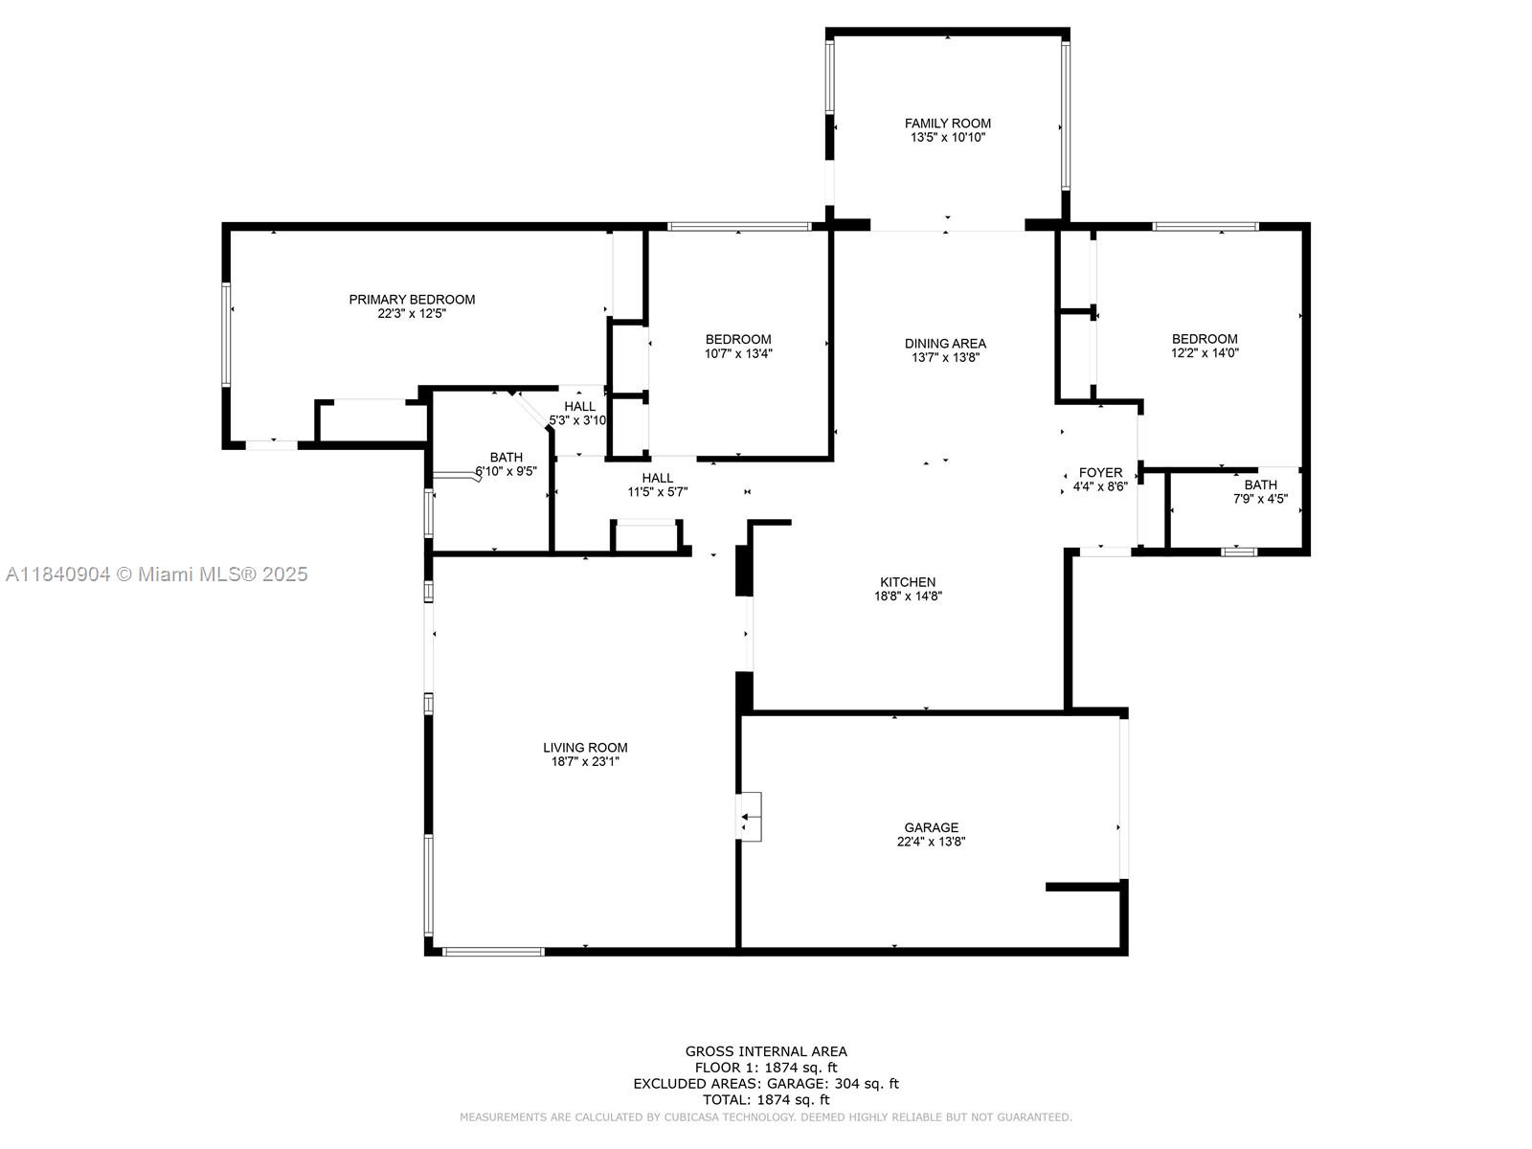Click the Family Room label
[947, 124]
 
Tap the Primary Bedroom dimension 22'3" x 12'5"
[412, 314]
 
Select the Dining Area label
[945, 343]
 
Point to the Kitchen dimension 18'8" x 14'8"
[908, 596]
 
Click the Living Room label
[585, 747]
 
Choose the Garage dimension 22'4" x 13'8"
[931, 842]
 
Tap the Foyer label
[1101, 472]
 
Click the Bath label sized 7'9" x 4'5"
[1260, 484]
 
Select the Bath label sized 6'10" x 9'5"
[506, 457]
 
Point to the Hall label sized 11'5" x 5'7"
[658, 478]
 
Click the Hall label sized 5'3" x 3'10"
[580, 406]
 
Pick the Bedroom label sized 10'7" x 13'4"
[737, 340]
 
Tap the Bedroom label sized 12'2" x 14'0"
[1205, 339]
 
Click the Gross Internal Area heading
[766, 1050]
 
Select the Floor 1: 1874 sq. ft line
[766, 1068]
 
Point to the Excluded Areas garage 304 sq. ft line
[766, 1084]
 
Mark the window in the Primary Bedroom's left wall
[226, 334]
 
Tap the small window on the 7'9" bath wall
[1239, 552]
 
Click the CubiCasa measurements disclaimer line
[766, 1116]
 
